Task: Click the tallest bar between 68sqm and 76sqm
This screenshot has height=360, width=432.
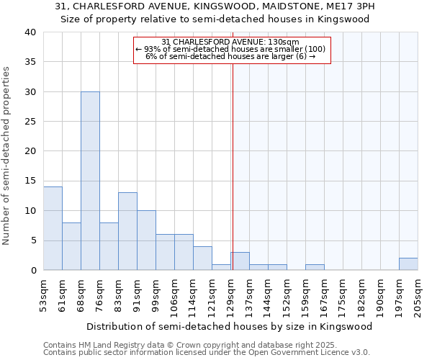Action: point(90,181)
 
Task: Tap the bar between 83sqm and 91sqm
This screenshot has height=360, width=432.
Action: point(127,231)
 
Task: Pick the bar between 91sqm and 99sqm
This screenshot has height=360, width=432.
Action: point(146,240)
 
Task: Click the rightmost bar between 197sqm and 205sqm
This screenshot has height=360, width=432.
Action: point(408,264)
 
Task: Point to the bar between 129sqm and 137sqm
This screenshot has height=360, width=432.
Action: point(240,261)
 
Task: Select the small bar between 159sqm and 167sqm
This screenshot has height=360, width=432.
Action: point(315,267)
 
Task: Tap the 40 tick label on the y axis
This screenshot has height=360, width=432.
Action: point(30,32)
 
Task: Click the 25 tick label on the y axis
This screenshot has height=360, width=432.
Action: point(30,122)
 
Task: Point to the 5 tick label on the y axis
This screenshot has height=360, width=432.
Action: point(32,240)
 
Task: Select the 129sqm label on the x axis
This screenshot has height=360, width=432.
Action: point(230,294)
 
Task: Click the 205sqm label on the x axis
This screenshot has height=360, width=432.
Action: point(418,294)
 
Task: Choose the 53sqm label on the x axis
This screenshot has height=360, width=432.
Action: point(43,294)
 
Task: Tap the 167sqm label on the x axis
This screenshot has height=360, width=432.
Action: point(324,294)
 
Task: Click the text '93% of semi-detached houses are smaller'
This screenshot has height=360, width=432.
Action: point(230,49)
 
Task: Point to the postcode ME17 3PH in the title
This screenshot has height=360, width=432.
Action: point(350,6)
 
